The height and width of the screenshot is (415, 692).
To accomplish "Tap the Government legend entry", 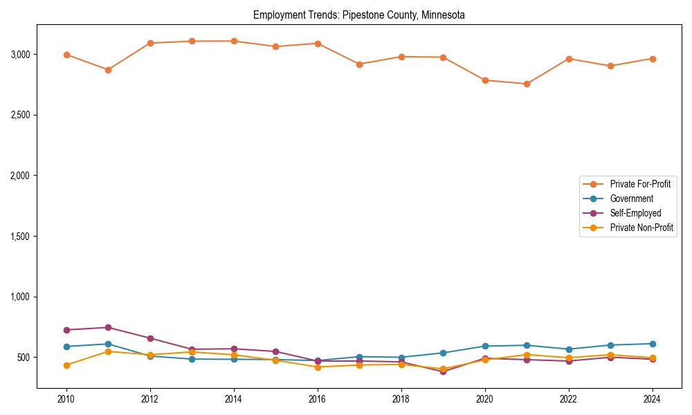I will click(x=631, y=199).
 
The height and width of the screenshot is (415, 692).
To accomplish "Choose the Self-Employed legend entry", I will click(x=635, y=213).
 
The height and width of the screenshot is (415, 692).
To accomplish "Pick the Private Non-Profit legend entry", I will click(x=641, y=228).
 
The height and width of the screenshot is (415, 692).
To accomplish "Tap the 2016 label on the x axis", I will click(x=318, y=400).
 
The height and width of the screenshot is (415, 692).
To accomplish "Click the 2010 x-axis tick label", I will click(x=66, y=400).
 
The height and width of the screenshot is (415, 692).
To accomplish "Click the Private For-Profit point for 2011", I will click(x=108, y=70).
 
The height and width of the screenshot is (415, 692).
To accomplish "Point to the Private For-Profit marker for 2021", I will click(x=527, y=84).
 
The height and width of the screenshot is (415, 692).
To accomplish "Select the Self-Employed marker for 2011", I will click(x=108, y=327).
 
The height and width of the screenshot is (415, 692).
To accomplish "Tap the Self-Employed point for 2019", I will click(x=443, y=371).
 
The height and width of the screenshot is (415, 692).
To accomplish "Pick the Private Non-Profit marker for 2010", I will click(x=66, y=365).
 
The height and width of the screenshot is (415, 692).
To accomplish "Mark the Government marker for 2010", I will click(x=66, y=347).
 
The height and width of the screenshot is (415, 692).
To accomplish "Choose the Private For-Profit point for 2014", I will click(x=234, y=41).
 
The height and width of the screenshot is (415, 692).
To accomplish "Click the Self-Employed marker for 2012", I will click(x=150, y=338).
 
